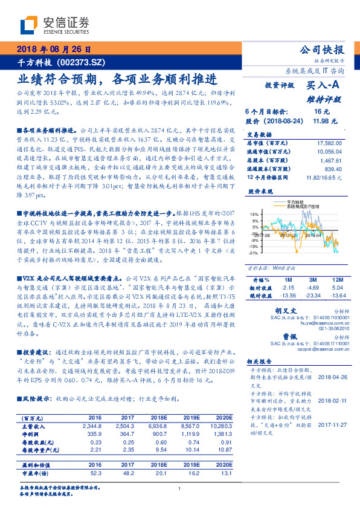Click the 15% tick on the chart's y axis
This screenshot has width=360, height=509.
[254, 214]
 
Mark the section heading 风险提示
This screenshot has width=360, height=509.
[36, 399]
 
